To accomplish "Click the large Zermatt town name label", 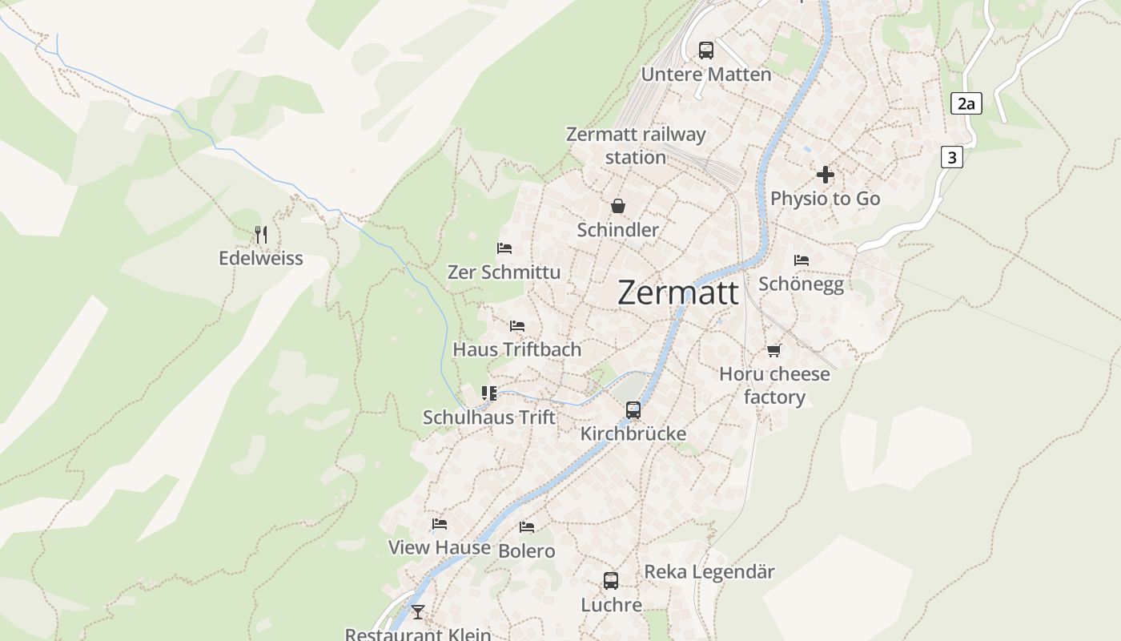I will [678, 292].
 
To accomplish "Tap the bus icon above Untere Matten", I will [705, 50].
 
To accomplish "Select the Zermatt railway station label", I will [636, 145].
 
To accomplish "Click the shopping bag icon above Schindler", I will [618, 206].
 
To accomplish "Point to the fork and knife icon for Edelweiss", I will [260, 235].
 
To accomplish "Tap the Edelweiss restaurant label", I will [261, 258].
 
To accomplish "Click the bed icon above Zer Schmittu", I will [504, 248].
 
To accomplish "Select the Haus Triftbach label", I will [516, 349].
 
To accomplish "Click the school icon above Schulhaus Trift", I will [488, 393].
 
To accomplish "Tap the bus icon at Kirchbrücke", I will [633, 410].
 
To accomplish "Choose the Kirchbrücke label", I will [633, 433].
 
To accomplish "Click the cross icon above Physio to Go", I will [825, 175].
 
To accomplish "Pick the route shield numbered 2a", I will [966, 103].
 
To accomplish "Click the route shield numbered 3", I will [951, 157].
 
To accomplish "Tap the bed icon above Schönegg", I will [801, 260].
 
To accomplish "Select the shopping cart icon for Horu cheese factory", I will [773, 350].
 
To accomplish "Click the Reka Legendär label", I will [709, 571].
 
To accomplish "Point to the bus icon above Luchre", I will [610, 581].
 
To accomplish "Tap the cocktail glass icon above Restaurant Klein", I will [418, 612].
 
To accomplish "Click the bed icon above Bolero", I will [526, 527].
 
